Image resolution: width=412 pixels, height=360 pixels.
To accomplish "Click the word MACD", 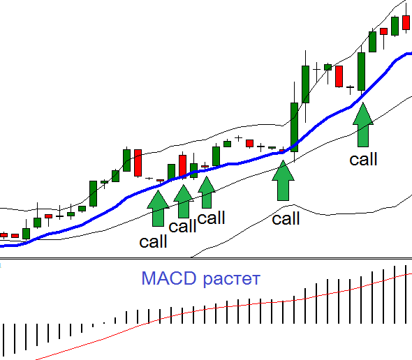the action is (x=169, y=278).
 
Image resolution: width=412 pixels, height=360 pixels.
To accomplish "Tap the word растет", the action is (x=232, y=279).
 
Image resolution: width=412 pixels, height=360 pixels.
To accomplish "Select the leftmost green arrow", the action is (x=158, y=208).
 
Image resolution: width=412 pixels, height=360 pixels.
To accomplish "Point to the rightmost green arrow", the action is (x=363, y=124).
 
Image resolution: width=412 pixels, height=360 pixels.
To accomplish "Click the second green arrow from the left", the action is (x=184, y=202).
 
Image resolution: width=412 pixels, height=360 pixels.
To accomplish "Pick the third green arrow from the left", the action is (x=207, y=193).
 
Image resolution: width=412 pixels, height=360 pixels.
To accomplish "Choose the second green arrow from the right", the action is (x=283, y=181).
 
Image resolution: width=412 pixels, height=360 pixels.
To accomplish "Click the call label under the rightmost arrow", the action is (x=363, y=159).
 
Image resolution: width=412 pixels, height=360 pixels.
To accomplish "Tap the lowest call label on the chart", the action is (x=153, y=241).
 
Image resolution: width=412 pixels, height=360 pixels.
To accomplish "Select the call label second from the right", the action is (x=286, y=218).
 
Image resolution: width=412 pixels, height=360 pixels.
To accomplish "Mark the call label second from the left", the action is (x=183, y=226).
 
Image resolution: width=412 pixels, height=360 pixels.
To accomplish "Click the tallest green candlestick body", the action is (x=294, y=128).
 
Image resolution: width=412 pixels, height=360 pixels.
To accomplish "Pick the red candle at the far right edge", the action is (x=406, y=22).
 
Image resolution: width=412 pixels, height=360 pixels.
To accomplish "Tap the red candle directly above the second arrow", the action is (x=183, y=166).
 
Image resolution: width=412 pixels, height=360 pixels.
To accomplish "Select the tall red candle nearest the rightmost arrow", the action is (x=339, y=76).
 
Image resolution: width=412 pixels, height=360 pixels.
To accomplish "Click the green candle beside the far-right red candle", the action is (x=395, y=26).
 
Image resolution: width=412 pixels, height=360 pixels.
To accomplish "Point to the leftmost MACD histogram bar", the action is (x=3, y=340).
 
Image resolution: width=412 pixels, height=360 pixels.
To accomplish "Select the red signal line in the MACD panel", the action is (x=223, y=307).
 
